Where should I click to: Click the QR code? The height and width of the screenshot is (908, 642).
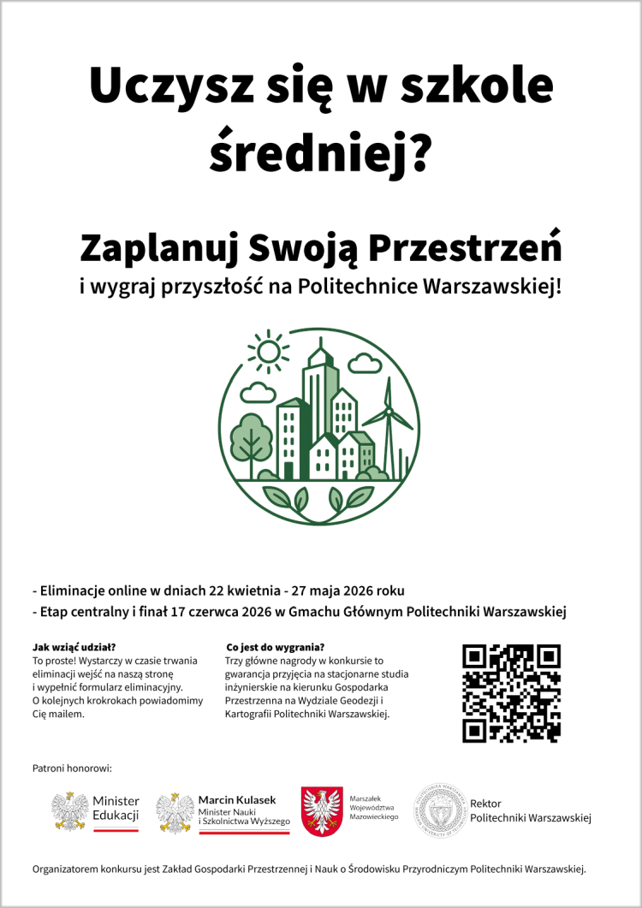(511, 693)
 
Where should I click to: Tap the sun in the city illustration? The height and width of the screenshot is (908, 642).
(269, 352)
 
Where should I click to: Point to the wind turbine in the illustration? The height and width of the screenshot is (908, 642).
(388, 428)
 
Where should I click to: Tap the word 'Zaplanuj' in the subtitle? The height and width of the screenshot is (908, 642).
(157, 248)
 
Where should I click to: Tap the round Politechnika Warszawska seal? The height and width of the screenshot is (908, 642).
(439, 810)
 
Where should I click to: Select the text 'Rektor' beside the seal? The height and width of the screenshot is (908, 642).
(485, 804)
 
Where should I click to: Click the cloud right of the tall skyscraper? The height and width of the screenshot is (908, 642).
(366, 364)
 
